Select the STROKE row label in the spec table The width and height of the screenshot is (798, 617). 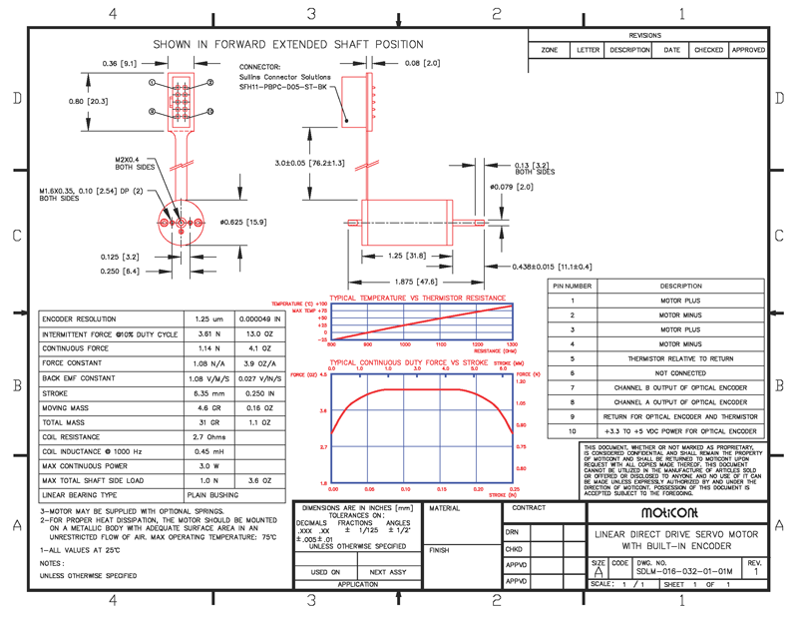[x=56, y=394]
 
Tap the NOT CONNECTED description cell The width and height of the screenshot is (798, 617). [x=680, y=372]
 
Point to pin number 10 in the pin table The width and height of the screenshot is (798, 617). [x=573, y=431]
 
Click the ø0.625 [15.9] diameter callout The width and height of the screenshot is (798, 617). [x=241, y=221]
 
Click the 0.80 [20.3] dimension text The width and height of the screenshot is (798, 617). [x=88, y=101]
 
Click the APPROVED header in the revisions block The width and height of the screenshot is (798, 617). [x=748, y=50]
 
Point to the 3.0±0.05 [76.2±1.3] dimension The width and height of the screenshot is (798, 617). [x=311, y=163]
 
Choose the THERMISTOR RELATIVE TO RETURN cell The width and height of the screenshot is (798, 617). [x=680, y=358]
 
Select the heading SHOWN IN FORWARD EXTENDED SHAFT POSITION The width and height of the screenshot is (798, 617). [x=287, y=45]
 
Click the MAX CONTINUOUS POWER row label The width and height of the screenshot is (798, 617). [x=87, y=465]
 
